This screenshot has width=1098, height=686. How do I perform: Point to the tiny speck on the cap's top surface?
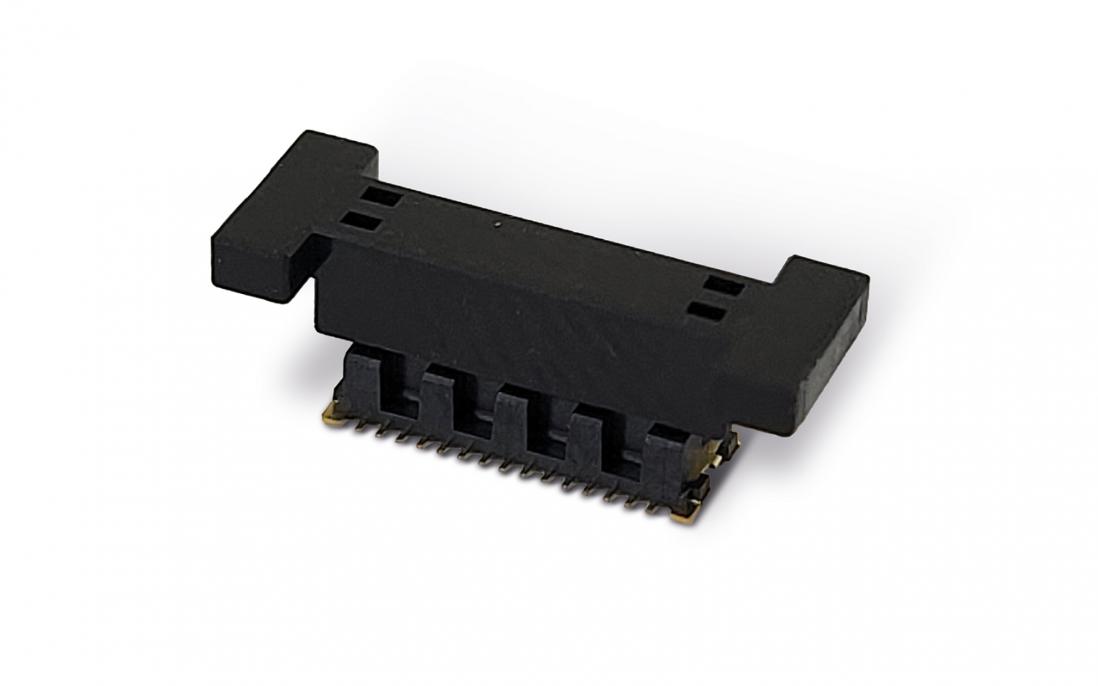pyautogui.click(x=498, y=225)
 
